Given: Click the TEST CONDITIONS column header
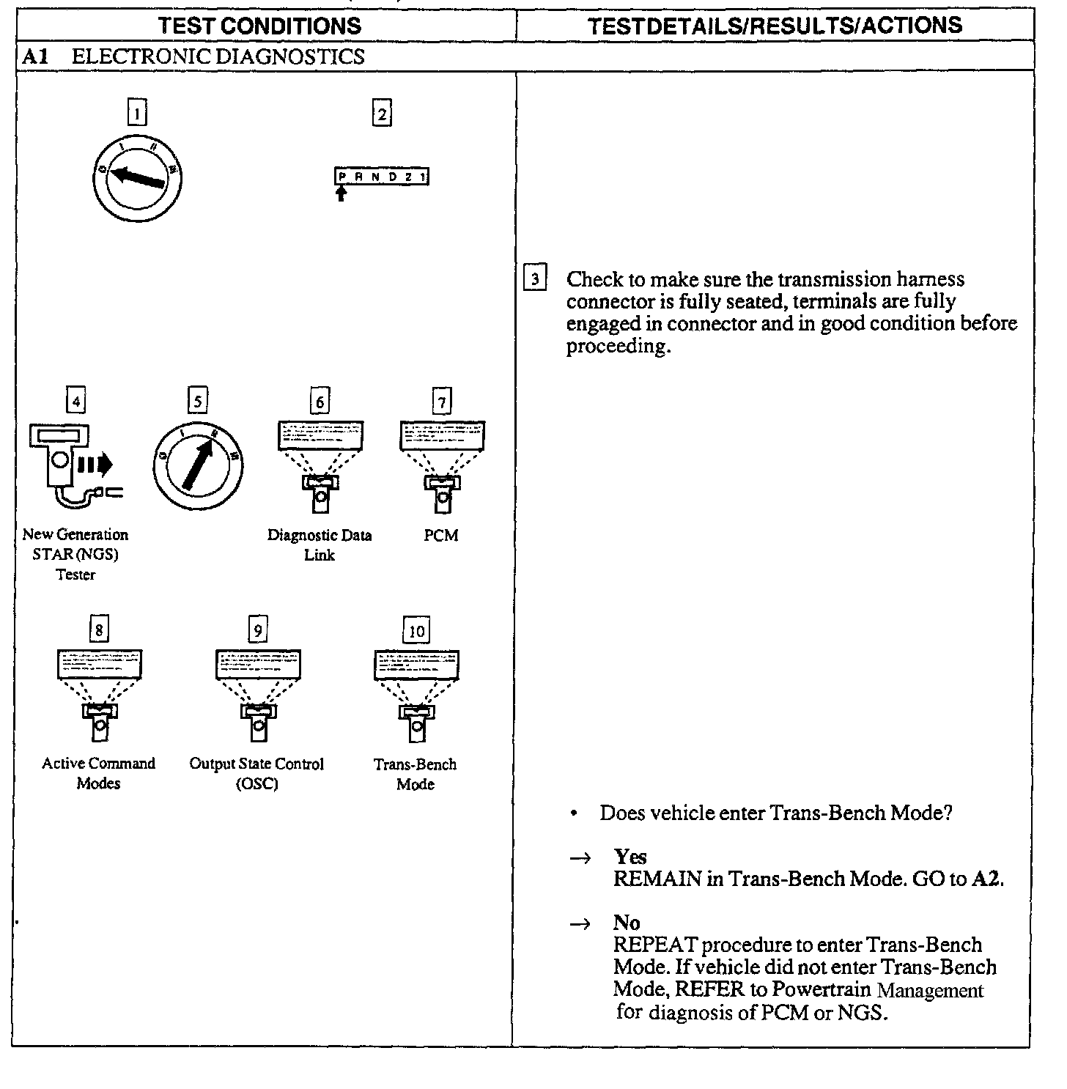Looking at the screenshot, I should coord(259,26).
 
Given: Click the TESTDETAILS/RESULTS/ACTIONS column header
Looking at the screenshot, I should coord(775,26).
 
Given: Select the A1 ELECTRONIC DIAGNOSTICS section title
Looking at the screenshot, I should coord(193,56).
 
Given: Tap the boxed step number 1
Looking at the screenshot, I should coord(136,113).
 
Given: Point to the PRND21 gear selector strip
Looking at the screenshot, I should coord(382,177).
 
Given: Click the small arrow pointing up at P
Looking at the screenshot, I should coord(341,193).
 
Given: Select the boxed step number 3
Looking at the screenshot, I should coord(535,279).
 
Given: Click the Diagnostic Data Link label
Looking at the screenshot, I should coord(320,544).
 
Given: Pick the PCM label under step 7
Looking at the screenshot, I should coord(441,536).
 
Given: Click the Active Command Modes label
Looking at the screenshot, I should coord(99,773).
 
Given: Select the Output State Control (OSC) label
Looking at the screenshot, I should coord(256,773).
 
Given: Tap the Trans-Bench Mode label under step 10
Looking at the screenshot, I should coord(416,774).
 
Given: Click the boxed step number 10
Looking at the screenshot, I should coord(416,631).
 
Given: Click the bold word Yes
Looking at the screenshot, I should coord(630,857).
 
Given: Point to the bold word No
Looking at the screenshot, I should coord(627,923).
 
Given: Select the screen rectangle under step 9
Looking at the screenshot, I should coord(258,664).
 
